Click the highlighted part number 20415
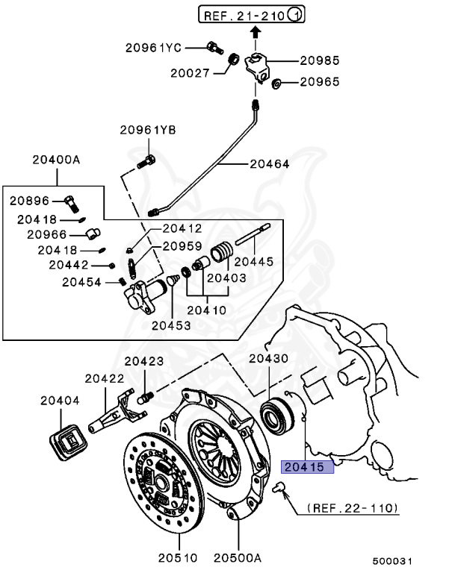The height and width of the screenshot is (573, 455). pyautogui.click(x=306, y=467)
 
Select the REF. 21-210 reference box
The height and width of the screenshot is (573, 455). pyautogui.click(x=250, y=14)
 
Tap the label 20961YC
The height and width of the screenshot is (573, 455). pyautogui.click(x=153, y=47)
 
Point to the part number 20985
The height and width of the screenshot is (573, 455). pyautogui.click(x=320, y=60)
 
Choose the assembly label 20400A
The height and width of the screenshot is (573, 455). pyautogui.click(x=56, y=160)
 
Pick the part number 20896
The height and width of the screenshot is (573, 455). pyautogui.click(x=29, y=200)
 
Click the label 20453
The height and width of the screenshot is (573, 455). pyautogui.click(x=170, y=325)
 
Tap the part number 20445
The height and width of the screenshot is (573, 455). pyautogui.click(x=254, y=261)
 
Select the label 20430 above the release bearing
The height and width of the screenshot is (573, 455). pyautogui.click(x=268, y=359)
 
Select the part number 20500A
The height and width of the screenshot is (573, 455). pyautogui.click(x=238, y=556)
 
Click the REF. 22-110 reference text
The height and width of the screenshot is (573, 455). pyautogui.click(x=351, y=509)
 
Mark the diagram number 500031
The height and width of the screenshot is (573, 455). pyautogui.click(x=394, y=560)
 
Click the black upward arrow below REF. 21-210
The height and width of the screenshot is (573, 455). pyautogui.click(x=255, y=31)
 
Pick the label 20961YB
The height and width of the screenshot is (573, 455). pyautogui.click(x=147, y=130)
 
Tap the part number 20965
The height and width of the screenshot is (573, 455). pyautogui.click(x=320, y=81)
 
